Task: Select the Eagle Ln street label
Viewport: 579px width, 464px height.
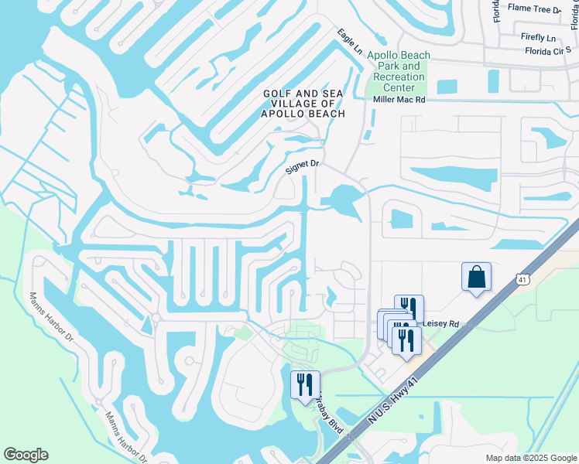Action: point(350,41)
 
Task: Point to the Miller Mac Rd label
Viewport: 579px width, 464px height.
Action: point(399,100)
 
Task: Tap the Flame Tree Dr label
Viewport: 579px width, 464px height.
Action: point(534,9)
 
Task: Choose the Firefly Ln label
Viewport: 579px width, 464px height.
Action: point(539,37)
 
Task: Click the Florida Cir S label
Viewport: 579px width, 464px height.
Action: point(546,51)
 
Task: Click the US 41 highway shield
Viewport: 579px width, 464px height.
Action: point(522,277)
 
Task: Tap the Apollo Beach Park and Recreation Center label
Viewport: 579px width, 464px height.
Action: point(399,71)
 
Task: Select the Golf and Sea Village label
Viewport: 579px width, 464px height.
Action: point(303,103)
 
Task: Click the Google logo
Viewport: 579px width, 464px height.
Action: point(26,455)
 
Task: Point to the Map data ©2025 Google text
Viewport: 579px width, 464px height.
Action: point(530,458)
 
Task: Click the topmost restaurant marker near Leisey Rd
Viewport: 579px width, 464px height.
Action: point(409,308)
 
